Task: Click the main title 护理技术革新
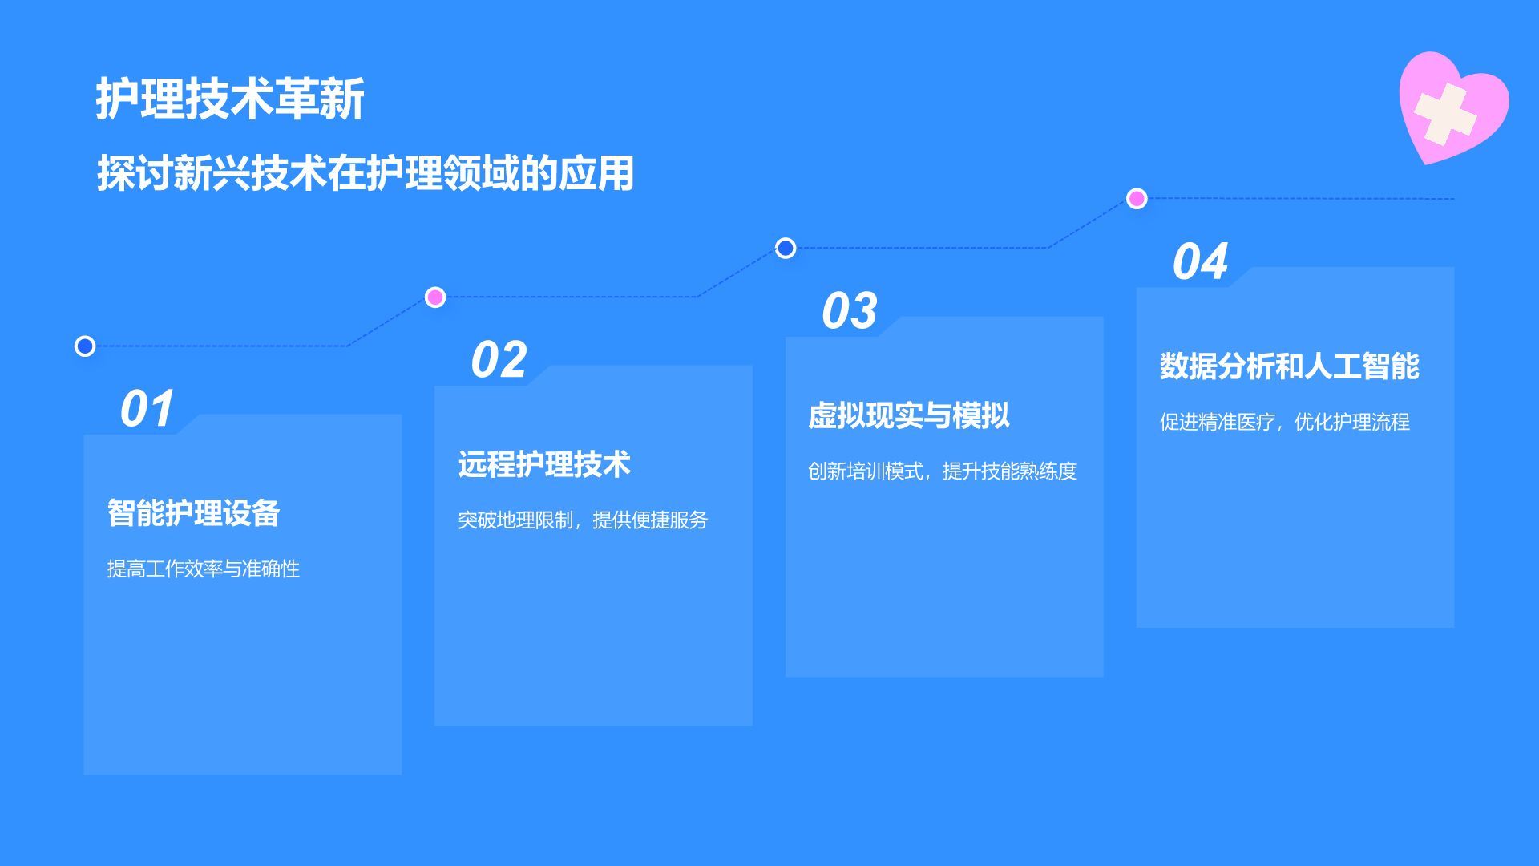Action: click(230, 99)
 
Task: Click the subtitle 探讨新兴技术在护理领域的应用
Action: click(366, 173)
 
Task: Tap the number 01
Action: click(147, 409)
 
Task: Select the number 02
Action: click(499, 359)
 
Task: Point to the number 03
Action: click(850, 310)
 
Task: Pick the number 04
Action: click(1201, 261)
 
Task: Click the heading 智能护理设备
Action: click(193, 513)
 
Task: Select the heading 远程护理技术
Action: click(544, 464)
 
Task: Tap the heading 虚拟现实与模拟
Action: click(909, 415)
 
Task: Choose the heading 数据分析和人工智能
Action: click(1289, 366)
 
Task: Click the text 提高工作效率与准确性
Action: click(204, 569)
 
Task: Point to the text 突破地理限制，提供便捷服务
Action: click(583, 520)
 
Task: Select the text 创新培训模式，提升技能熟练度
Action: click(943, 471)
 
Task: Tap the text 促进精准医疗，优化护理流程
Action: click(1284, 422)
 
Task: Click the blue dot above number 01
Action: click(85, 346)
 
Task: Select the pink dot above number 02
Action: click(435, 297)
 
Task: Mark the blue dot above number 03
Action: click(786, 249)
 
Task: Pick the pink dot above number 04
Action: click(1137, 199)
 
